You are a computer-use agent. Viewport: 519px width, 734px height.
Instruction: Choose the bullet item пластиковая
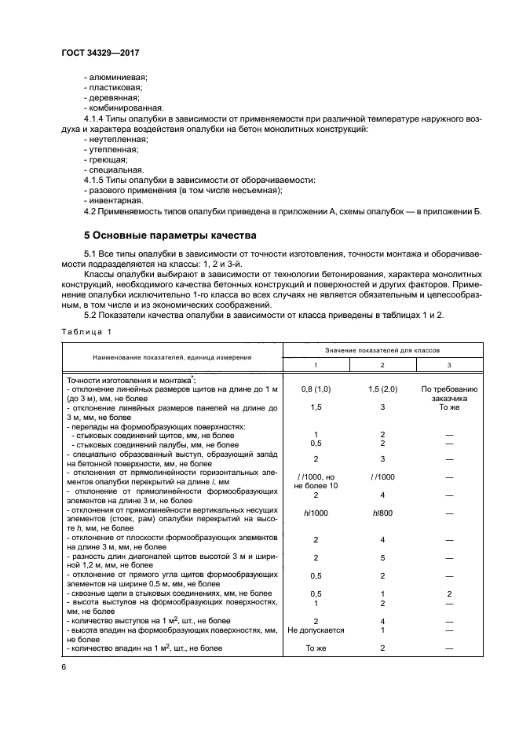pyautogui.click(x=115, y=87)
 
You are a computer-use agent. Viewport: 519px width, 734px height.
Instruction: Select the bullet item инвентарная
pyautogui.click(x=113, y=199)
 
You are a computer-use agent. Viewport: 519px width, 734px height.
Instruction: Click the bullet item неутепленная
pyautogui.click(x=115, y=138)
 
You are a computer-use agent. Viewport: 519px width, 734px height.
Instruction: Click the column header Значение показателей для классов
pyautogui.click(x=371, y=347)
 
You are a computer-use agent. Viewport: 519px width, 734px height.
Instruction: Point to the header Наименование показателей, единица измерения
pyautogui.click(x=172, y=356)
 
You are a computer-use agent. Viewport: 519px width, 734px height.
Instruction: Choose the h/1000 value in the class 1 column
pyautogui.click(x=314, y=513)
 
